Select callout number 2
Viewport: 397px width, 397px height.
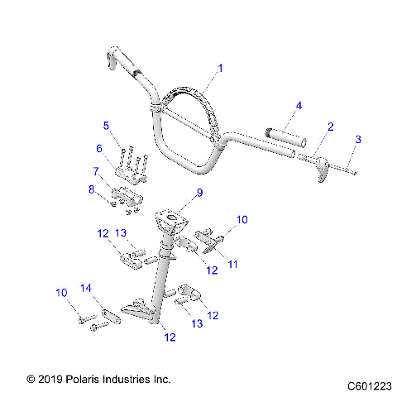coord(331,127)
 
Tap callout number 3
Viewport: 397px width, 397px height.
coord(358,140)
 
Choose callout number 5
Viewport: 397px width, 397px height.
coord(106,126)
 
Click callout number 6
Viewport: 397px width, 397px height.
coord(99,148)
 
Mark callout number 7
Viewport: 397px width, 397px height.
coord(97,170)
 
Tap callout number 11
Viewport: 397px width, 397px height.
coord(232,264)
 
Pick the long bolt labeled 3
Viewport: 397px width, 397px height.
coord(348,170)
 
